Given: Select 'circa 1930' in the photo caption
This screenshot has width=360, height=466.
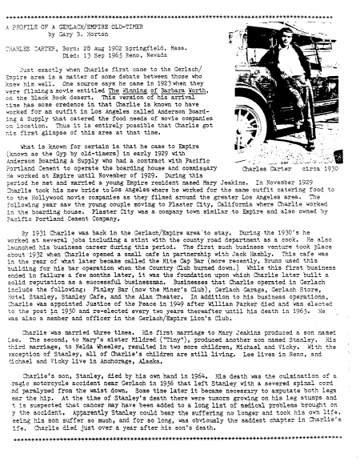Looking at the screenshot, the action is (x=321, y=170).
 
